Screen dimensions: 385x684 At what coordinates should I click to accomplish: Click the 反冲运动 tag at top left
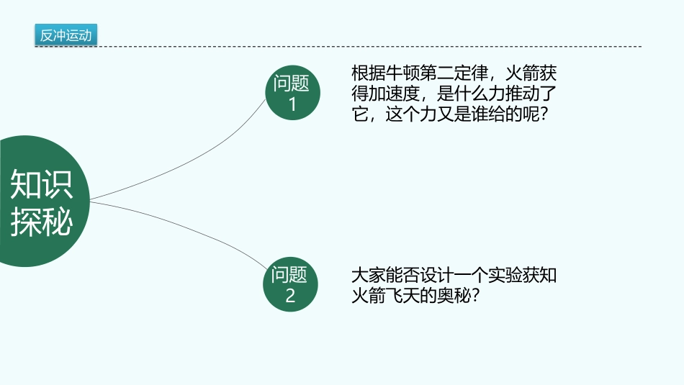pos(66,35)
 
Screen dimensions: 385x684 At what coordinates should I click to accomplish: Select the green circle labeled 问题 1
pos(292,93)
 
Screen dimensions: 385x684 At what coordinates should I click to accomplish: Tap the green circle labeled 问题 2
pos(290,285)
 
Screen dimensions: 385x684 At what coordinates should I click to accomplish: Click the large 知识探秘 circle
pos(36,201)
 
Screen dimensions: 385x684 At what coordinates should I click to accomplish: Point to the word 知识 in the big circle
pos(41,186)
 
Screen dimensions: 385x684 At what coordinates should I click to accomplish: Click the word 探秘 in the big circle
pos(41,222)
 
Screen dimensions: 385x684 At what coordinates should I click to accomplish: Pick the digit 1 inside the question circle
pos(292,104)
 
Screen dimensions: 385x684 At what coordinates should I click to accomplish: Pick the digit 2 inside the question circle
pos(290,296)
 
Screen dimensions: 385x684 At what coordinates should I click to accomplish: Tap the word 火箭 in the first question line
pos(521,74)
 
